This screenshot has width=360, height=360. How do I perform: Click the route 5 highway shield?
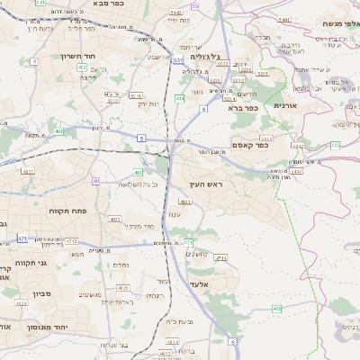click(141, 137)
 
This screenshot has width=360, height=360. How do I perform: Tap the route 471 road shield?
click(22, 238)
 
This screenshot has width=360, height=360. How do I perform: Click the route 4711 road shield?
click(71, 241)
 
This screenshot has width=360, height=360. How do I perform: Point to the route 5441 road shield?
click(284, 19)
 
